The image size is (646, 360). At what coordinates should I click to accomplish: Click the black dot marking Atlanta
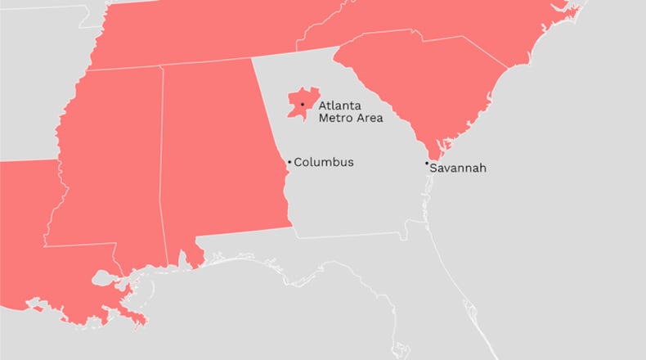click(303, 105)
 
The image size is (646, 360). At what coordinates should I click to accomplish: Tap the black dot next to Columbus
click(289, 162)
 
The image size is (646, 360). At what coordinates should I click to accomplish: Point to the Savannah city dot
click(426, 164)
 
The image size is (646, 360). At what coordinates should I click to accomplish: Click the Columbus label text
click(324, 162)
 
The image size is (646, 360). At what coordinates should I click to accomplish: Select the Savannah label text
click(458, 169)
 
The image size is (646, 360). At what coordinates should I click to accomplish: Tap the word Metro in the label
click(334, 118)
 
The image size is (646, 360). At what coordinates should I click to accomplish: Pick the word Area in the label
click(368, 118)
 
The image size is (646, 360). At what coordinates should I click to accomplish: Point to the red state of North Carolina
click(458, 25)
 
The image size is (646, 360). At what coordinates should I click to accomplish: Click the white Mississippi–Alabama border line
click(161, 164)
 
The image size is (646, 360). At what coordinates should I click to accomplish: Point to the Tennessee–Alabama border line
click(204, 63)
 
